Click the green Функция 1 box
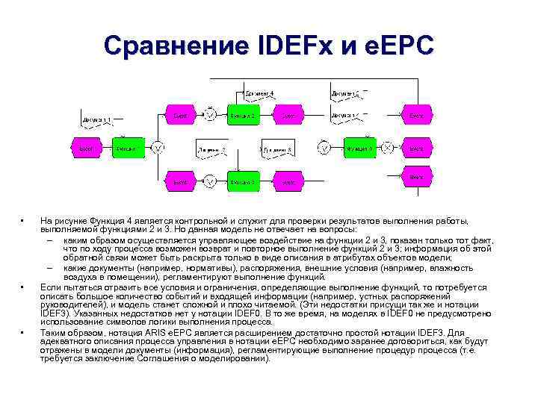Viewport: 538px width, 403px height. click(128, 148)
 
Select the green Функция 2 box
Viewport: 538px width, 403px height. click(243, 116)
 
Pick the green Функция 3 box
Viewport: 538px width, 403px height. click(243, 181)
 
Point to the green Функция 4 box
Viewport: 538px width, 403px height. click(359, 148)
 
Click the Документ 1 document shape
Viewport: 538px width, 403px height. click(98, 119)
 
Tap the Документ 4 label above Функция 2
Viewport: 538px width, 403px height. click(259, 93)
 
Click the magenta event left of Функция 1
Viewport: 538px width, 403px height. click(87, 148)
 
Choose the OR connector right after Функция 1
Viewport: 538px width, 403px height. click(158, 148)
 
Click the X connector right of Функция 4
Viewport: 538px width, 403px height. click(387, 148)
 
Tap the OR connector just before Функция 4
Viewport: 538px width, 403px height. click(324, 148)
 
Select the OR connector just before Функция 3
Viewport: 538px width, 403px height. click(211, 181)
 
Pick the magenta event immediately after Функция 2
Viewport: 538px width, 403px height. click(288, 116)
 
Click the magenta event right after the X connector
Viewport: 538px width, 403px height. click(416, 148)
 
